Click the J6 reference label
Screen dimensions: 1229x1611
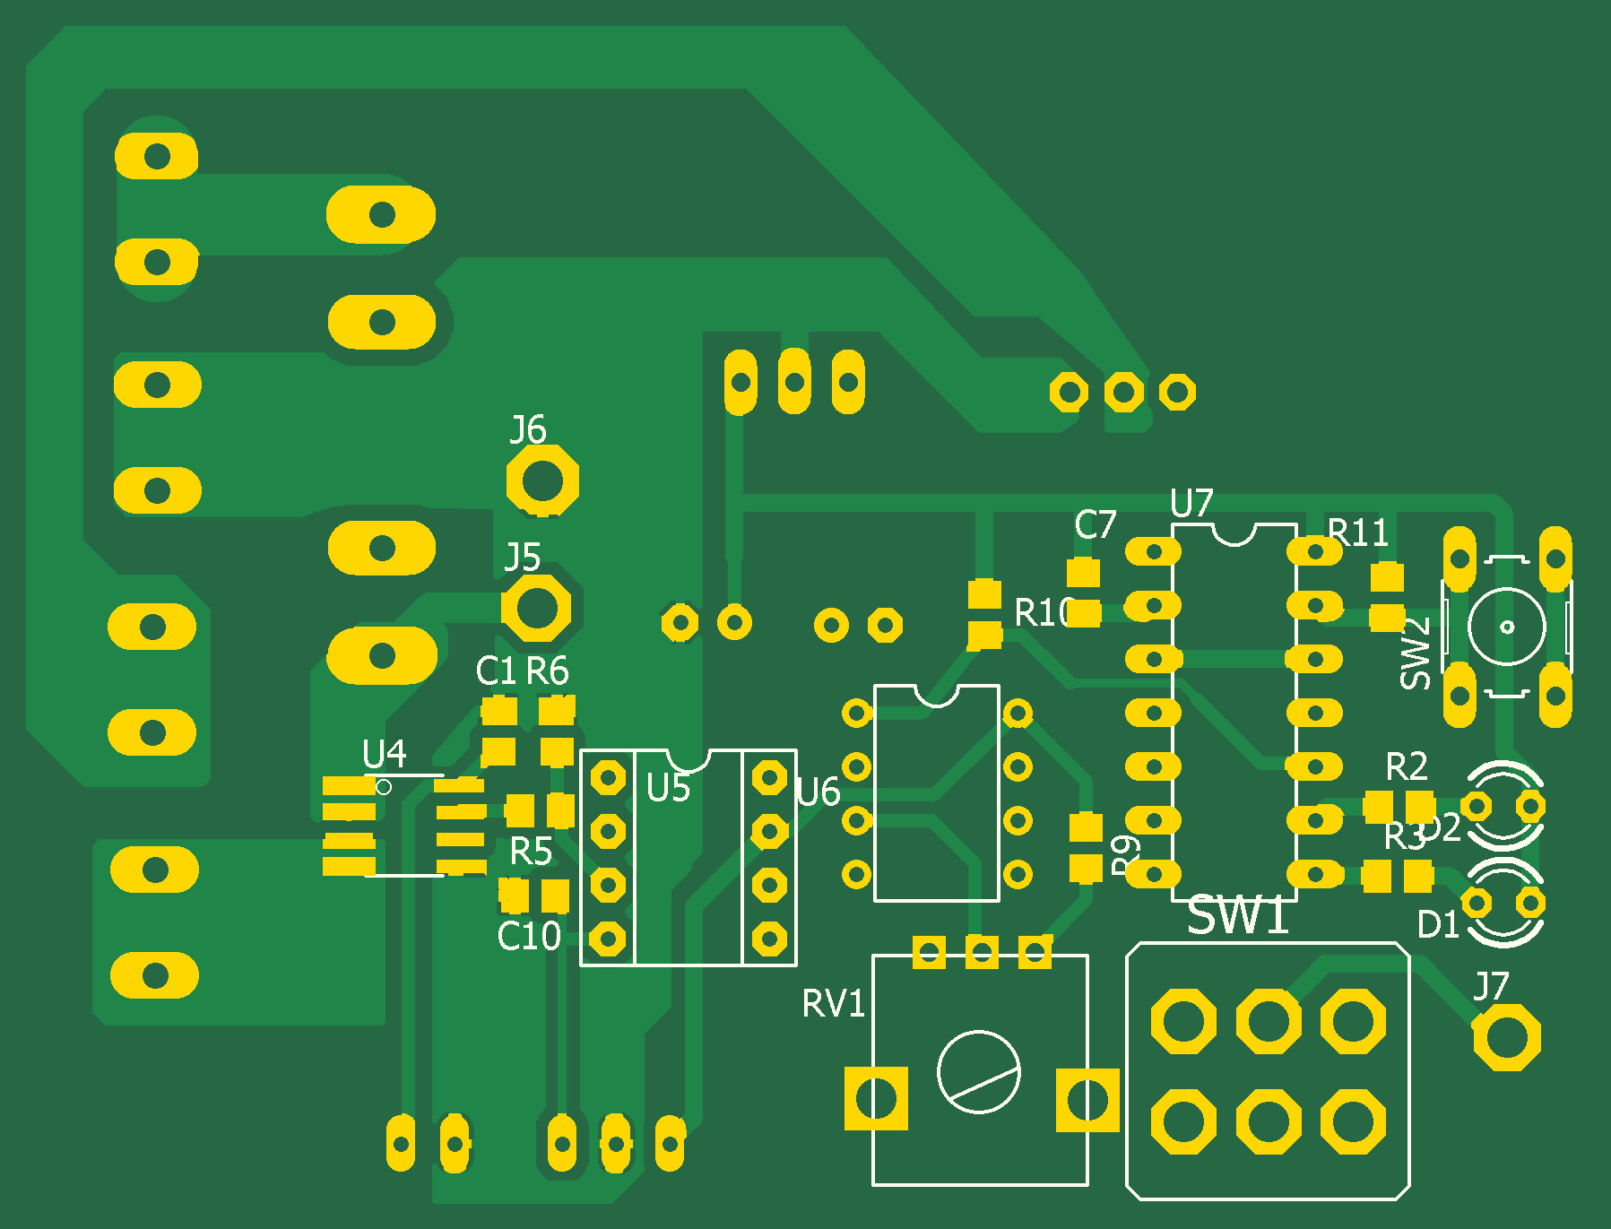[527, 429]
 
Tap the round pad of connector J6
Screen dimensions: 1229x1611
[542, 480]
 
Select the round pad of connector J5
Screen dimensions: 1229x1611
[537, 608]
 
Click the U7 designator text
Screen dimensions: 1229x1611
[1191, 504]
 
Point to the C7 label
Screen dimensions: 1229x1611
[1095, 525]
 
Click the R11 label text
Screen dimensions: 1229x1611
[1357, 533]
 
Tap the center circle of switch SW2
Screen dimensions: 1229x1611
[1506, 626]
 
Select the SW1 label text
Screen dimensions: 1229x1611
[1238, 916]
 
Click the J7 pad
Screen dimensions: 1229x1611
[1506, 1037]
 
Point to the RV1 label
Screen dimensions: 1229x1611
[833, 1004]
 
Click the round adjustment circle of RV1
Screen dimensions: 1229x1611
[978, 1071]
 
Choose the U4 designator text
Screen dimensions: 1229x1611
[384, 754]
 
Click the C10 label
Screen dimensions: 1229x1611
[529, 937]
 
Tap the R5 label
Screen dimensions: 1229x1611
[531, 852]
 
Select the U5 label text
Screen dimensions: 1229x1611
[668, 789]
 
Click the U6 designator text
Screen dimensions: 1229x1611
[818, 792]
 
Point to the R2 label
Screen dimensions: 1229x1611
[1406, 767]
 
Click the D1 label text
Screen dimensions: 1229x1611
[1438, 924]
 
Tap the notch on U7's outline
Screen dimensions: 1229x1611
[1234, 535]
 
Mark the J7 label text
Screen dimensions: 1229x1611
[1491, 987]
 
